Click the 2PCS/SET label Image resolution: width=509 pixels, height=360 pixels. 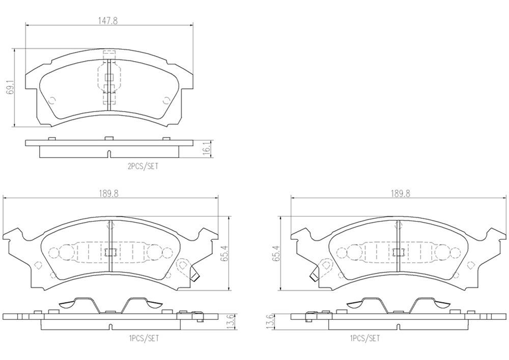[143, 165]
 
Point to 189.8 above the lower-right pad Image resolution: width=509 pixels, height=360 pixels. [401, 193]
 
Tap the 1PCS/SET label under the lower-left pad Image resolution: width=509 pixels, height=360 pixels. [144, 337]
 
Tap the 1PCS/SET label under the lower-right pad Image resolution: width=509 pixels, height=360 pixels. [364, 337]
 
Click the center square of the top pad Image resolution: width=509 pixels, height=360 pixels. [109, 77]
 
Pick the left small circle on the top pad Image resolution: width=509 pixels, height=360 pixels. [52, 100]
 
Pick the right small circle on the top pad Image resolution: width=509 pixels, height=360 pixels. [165, 100]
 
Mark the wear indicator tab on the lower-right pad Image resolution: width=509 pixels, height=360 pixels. [314, 275]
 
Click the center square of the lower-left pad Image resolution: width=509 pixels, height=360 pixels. [110, 252]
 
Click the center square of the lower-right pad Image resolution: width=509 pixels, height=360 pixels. [398, 252]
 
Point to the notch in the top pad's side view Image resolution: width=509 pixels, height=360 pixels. [109, 154]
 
